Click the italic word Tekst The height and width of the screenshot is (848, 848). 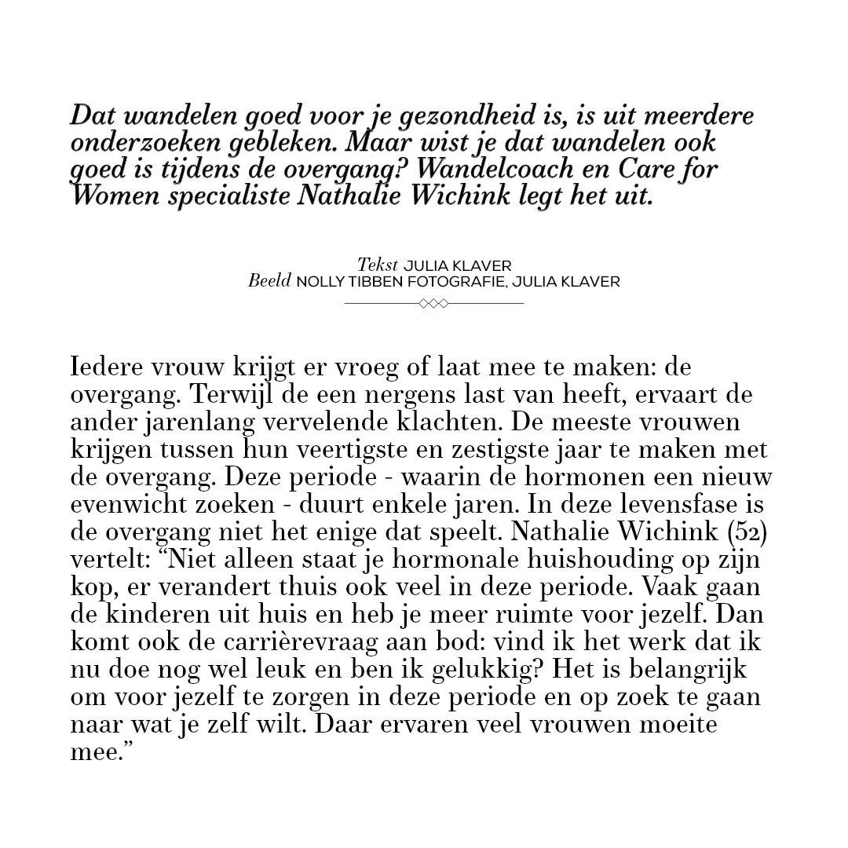377,265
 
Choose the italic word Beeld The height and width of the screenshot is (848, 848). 270,281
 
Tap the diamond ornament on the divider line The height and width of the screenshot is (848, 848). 433,303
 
